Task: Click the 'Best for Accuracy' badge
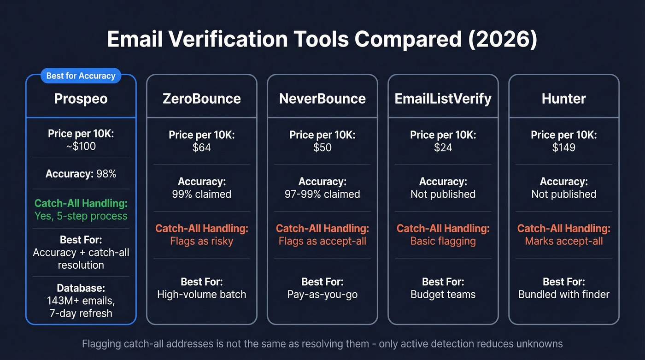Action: (81, 76)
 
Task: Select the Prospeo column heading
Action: (81, 99)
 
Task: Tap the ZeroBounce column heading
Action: (202, 99)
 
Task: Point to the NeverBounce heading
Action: (322, 99)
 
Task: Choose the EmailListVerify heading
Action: (443, 99)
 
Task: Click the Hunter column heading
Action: (564, 99)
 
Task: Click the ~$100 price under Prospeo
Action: (81, 147)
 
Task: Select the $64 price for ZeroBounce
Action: (202, 148)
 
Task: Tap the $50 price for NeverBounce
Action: (322, 148)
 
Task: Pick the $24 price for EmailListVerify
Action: (443, 148)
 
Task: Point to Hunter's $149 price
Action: (564, 148)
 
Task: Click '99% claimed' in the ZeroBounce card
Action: (202, 194)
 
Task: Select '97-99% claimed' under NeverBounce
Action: (322, 194)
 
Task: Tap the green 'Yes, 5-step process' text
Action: (81, 215)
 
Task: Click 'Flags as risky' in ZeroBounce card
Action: (202, 241)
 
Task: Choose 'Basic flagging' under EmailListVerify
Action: (443, 241)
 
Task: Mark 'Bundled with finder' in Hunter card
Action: (564, 294)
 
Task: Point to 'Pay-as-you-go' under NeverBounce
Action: (322, 294)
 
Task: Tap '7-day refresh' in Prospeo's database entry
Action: (81, 313)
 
